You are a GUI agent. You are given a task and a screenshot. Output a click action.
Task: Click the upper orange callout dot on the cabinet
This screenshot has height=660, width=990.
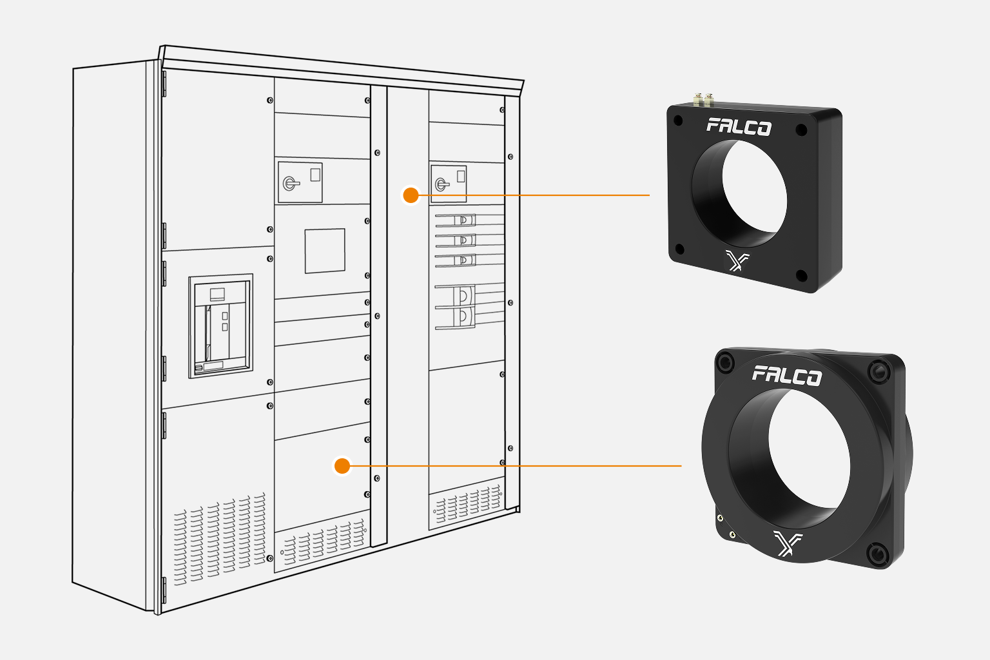411,195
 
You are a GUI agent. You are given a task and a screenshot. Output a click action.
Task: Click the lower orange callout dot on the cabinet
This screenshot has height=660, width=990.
342,466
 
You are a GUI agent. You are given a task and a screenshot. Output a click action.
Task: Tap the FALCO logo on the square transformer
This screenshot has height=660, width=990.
739,127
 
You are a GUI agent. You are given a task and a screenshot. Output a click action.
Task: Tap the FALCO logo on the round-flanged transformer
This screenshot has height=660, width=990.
786,375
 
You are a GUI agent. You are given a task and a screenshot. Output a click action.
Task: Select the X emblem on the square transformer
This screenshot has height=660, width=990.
737,260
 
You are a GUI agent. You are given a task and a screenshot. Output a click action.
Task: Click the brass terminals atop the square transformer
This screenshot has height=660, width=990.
703,100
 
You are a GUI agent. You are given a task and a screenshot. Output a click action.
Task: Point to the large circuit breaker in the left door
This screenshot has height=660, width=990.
220,326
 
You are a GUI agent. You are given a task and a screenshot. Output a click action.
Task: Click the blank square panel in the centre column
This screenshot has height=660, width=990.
325,251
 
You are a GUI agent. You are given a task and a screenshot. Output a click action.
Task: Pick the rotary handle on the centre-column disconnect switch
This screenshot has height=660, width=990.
291,183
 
